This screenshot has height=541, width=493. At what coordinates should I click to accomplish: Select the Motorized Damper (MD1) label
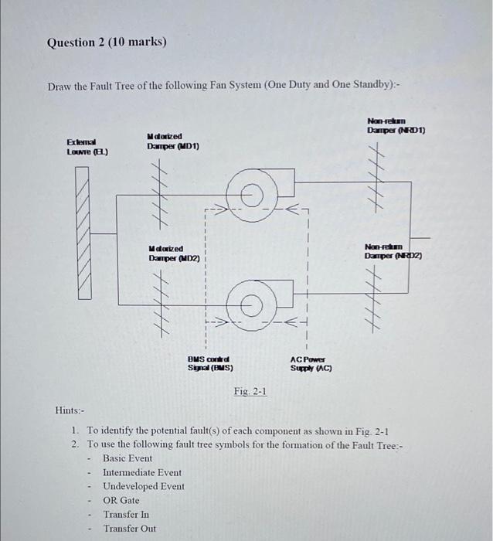coord(173,141)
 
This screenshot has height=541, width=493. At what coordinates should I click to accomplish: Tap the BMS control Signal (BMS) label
coord(210,363)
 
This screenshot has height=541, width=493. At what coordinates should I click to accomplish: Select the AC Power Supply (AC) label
coord(311,363)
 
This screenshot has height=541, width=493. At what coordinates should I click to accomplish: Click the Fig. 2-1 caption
coord(250,392)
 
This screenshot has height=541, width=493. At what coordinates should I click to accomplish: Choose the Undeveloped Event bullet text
coord(144,486)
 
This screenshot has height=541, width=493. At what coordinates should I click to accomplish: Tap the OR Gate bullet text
coord(121,500)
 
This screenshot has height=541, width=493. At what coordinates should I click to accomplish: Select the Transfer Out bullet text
coord(129,529)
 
